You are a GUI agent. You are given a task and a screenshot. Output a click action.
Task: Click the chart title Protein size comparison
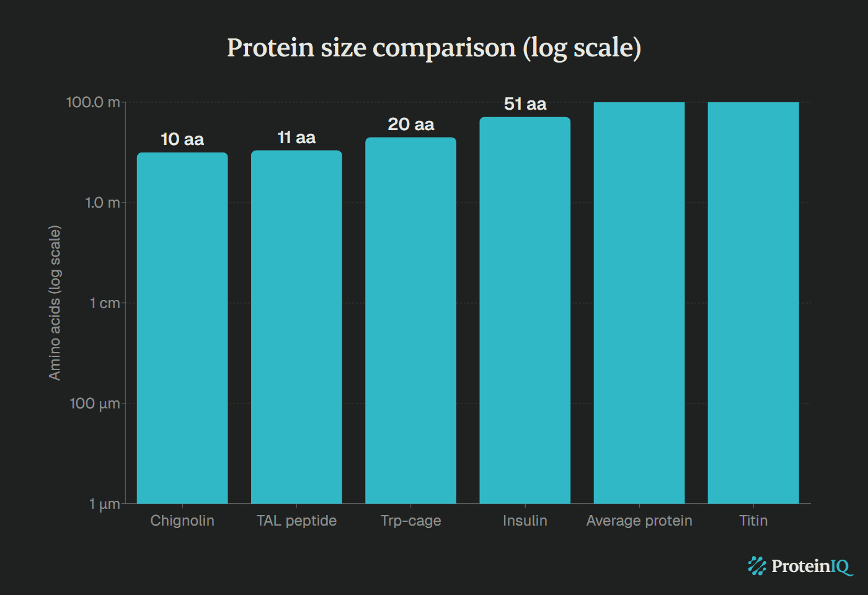(434, 48)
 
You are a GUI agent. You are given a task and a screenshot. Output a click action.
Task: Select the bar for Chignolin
(182, 328)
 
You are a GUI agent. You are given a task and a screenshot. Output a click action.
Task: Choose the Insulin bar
(525, 310)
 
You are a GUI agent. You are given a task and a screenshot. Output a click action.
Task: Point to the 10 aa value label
(182, 139)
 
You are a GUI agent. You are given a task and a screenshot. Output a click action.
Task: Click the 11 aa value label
(296, 138)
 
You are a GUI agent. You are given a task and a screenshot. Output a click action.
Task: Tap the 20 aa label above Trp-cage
(410, 125)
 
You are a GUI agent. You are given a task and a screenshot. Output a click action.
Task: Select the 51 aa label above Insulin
(525, 104)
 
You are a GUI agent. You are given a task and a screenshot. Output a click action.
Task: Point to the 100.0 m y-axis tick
(93, 102)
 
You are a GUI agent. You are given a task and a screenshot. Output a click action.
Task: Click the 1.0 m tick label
(102, 203)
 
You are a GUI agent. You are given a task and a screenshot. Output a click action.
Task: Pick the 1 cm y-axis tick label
(105, 303)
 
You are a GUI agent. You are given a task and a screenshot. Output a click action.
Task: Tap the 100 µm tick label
(95, 403)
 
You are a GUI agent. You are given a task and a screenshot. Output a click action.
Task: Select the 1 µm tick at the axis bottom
(104, 504)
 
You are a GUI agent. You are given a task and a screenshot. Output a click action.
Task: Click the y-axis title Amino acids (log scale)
(55, 302)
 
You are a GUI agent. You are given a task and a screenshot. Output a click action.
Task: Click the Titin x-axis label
(753, 521)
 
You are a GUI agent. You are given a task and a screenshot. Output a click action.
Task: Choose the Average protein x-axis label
(639, 521)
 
